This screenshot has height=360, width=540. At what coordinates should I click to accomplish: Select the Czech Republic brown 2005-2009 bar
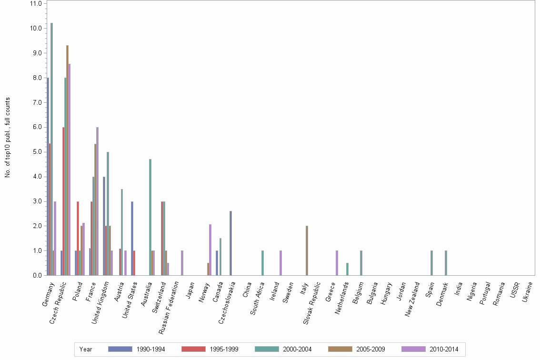point(67,160)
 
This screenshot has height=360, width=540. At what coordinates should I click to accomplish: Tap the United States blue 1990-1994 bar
point(132,238)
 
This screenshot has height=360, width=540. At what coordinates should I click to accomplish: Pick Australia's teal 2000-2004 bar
point(150,217)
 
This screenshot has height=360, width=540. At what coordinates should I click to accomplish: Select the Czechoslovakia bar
point(230,243)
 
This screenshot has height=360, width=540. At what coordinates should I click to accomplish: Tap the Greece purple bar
point(337,263)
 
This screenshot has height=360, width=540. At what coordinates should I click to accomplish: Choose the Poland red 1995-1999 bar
point(78,238)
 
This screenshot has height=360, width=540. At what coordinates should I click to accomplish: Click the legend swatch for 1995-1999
point(194,349)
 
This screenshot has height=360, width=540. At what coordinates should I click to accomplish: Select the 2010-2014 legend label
point(444,349)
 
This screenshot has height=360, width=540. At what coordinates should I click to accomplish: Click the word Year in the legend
point(86,349)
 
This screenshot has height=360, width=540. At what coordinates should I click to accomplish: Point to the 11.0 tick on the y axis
point(35,3)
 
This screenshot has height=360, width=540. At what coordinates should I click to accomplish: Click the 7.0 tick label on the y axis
point(35,102)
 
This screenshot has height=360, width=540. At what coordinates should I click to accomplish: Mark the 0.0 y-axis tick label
point(35,275)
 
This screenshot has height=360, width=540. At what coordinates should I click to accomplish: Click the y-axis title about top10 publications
point(8,138)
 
